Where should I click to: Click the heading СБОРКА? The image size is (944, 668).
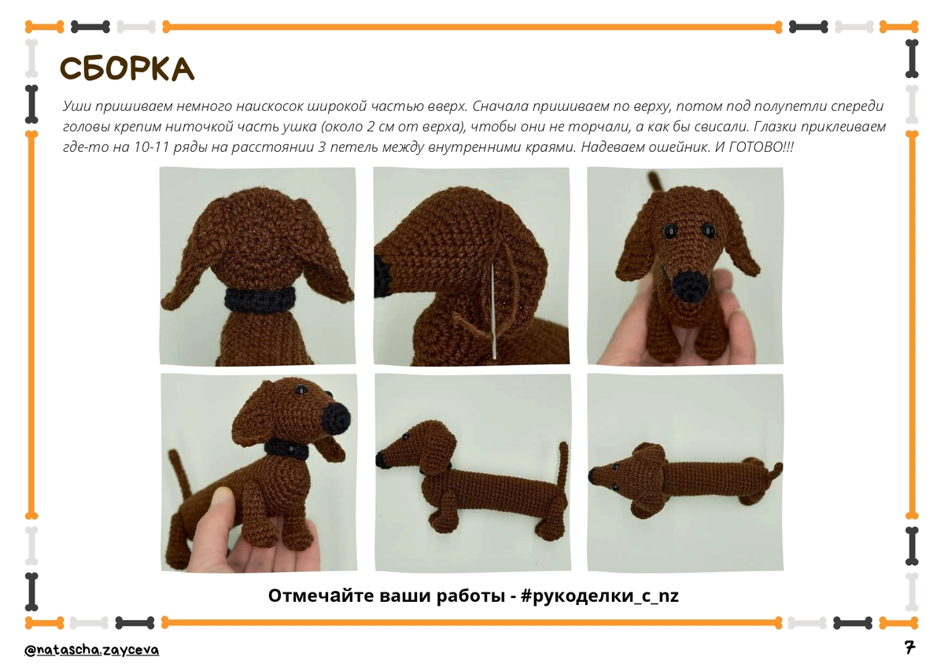(x=127, y=68)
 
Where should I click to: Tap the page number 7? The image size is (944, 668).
(x=909, y=647)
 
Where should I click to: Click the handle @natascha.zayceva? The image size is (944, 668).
(x=92, y=651)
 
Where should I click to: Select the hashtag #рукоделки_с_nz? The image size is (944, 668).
(x=599, y=596)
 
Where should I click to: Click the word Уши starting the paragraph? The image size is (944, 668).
(x=77, y=105)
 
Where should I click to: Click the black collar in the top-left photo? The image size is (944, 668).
(x=259, y=300)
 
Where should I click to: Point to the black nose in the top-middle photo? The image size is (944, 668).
(x=382, y=276)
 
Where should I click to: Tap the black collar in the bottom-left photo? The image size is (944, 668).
(x=287, y=449)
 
